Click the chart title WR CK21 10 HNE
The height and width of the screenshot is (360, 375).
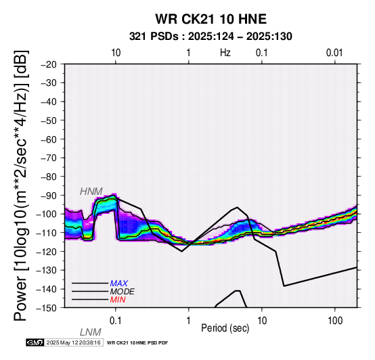211,19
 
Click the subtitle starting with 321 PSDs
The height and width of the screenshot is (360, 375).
211,37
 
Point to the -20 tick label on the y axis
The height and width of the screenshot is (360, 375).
49,64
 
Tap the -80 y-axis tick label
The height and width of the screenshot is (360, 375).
49,177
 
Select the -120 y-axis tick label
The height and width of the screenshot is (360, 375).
46,252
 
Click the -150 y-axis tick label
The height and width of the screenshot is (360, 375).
46,308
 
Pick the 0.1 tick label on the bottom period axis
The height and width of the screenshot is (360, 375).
116,321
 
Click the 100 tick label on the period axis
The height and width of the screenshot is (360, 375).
335,321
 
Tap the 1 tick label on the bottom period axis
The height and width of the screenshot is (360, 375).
189,321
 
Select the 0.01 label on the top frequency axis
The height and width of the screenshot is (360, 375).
334,53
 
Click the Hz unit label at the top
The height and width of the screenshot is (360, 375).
225,53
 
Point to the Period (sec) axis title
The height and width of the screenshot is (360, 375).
225,328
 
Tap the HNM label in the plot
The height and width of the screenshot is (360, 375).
91,192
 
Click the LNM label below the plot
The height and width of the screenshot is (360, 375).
91,332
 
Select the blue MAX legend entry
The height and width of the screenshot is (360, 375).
119,284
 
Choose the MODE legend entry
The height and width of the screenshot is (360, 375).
123,292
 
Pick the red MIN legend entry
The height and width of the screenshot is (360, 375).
118,300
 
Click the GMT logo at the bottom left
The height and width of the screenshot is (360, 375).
35,342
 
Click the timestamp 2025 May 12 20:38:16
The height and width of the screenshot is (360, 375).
73,342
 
